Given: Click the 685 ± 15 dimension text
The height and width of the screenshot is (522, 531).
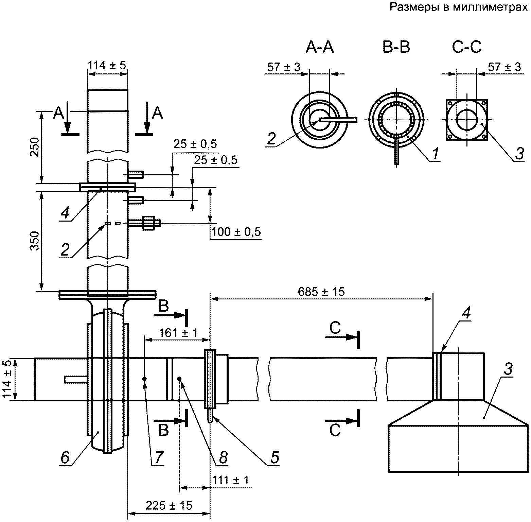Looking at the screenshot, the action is coord(321,292).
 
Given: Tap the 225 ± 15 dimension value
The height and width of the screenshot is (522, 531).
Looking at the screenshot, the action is coord(169,505).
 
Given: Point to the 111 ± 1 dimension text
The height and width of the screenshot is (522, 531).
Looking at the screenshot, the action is coord(231,480).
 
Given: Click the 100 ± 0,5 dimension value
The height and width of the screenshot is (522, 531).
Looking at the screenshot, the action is coord(236,232).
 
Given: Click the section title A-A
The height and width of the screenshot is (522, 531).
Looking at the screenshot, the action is coord(320,48).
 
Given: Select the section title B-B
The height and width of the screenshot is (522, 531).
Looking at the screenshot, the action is coord(396,48).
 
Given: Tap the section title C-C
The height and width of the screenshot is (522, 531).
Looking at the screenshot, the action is coord(467,48).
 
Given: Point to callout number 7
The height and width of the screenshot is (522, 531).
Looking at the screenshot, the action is coord(159,457).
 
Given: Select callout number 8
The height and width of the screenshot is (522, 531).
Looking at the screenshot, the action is coord(223,457).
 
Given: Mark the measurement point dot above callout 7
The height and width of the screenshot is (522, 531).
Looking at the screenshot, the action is coord(144,379).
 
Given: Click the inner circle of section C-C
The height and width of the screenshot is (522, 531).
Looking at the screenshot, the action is coord(467,120).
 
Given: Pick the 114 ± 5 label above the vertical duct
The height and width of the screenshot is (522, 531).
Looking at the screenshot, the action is coord(107,65).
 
